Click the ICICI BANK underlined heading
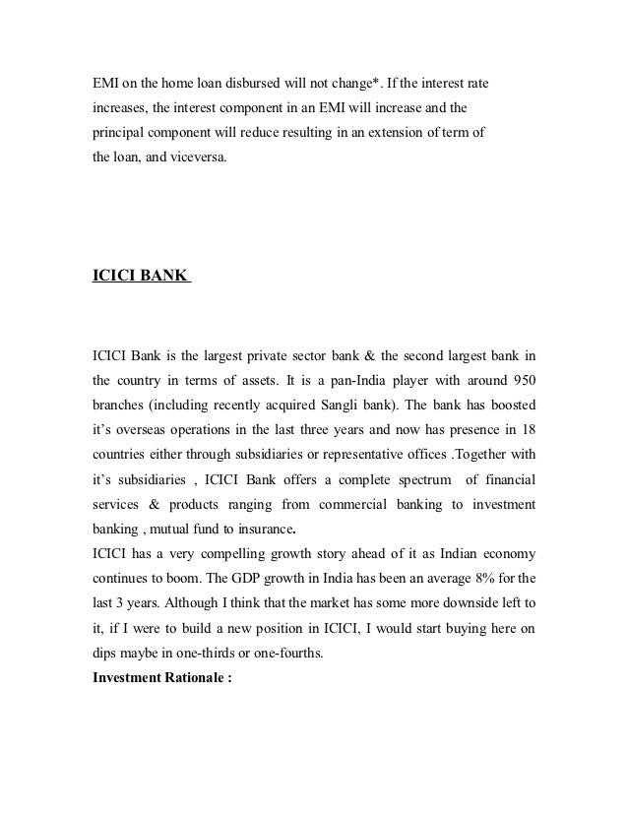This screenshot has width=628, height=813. pos(139,278)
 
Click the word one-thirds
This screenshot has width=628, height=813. pos(219,651)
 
